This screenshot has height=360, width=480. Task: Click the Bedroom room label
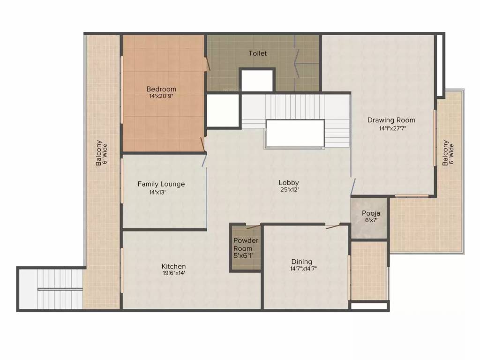click(x=161, y=89)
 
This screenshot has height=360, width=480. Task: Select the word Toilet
click(x=258, y=53)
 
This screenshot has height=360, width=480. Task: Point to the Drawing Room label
click(x=391, y=120)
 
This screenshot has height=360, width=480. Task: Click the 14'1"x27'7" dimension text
click(x=392, y=128)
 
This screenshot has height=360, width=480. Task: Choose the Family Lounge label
click(x=161, y=184)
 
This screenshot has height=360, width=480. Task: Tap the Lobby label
click(x=289, y=183)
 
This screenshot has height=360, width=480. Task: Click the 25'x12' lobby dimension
click(x=289, y=190)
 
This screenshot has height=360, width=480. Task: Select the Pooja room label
click(x=371, y=213)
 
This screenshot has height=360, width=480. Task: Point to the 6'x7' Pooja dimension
click(x=371, y=220)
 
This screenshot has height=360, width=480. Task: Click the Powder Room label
click(x=246, y=244)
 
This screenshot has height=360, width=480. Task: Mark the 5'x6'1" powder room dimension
click(x=244, y=255)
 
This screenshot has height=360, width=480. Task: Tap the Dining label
click(x=302, y=262)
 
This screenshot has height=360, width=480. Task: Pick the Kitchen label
click(x=173, y=266)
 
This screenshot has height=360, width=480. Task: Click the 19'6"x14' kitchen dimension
click(x=174, y=273)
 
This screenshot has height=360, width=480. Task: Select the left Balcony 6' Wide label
click(x=101, y=153)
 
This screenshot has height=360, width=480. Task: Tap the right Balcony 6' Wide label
click(x=448, y=153)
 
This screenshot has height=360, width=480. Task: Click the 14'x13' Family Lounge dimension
click(x=157, y=193)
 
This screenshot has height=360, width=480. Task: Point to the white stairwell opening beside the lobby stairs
click(x=295, y=133)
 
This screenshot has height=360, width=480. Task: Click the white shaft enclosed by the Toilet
click(x=257, y=81)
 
